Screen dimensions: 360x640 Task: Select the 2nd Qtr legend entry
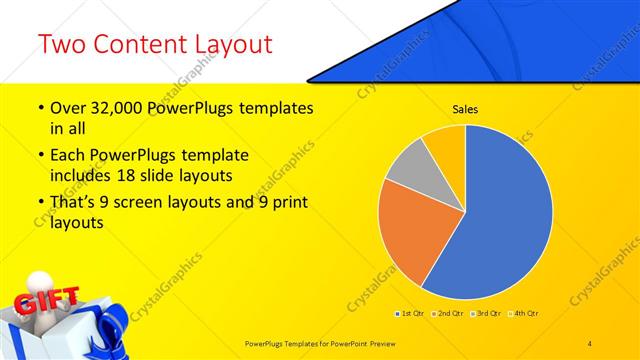tap(447, 313)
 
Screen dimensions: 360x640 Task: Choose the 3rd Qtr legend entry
tap(485, 313)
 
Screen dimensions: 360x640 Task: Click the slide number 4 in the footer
tap(590, 343)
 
